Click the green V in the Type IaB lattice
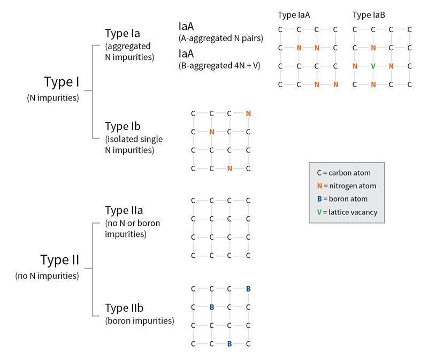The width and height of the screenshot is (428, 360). (373, 66)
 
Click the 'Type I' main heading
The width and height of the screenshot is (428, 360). (62, 82)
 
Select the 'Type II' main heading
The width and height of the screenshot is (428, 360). (60, 260)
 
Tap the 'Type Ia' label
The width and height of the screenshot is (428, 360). (123, 34)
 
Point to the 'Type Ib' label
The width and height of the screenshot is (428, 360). (123, 127)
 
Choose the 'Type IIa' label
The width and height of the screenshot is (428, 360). (124, 211)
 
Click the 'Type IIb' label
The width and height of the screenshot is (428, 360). (124, 309)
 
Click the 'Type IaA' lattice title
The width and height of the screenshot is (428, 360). (294, 15)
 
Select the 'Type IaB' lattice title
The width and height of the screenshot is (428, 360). (369, 15)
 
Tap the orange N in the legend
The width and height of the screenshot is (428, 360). (319, 186)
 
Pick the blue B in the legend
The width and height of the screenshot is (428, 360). (319, 199)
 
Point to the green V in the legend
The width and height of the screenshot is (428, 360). (319, 212)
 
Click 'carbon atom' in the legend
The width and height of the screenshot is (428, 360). (350, 173)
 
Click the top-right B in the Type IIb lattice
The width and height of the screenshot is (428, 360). (248, 289)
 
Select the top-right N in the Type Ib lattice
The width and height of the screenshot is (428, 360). (248, 113)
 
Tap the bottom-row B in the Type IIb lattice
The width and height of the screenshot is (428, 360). (230, 344)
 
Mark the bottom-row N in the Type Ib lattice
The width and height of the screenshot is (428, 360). (230, 168)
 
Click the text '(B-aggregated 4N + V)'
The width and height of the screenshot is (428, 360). (219, 66)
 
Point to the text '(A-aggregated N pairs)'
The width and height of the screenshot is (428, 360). (221, 39)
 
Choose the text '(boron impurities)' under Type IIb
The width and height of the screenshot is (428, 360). (140, 321)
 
